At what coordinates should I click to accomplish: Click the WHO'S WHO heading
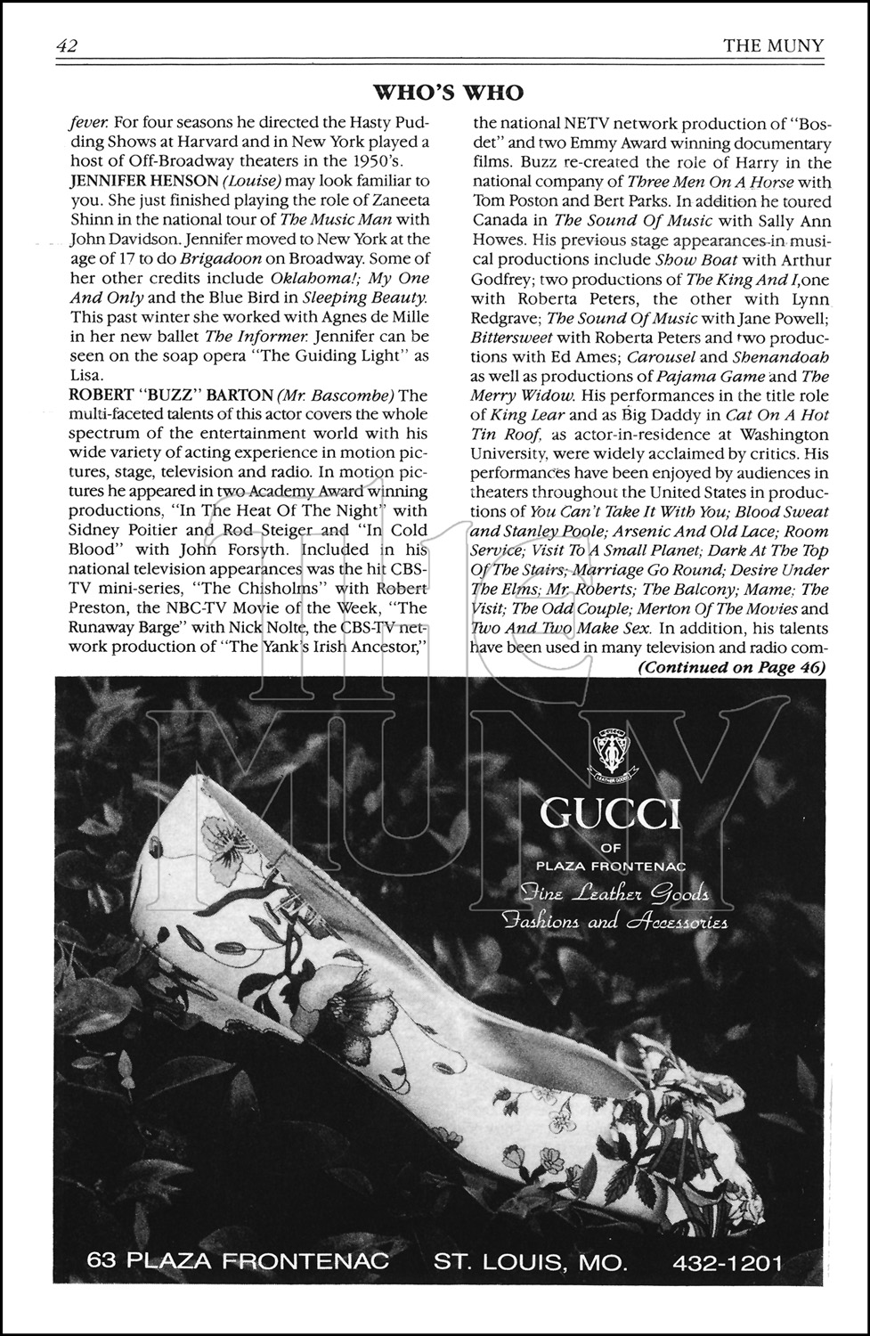point(447,93)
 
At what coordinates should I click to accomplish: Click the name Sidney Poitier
point(120,530)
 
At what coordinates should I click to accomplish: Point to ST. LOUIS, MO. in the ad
point(531,1262)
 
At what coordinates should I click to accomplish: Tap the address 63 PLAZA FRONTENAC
point(239,1262)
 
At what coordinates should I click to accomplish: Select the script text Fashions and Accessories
point(614,921)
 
